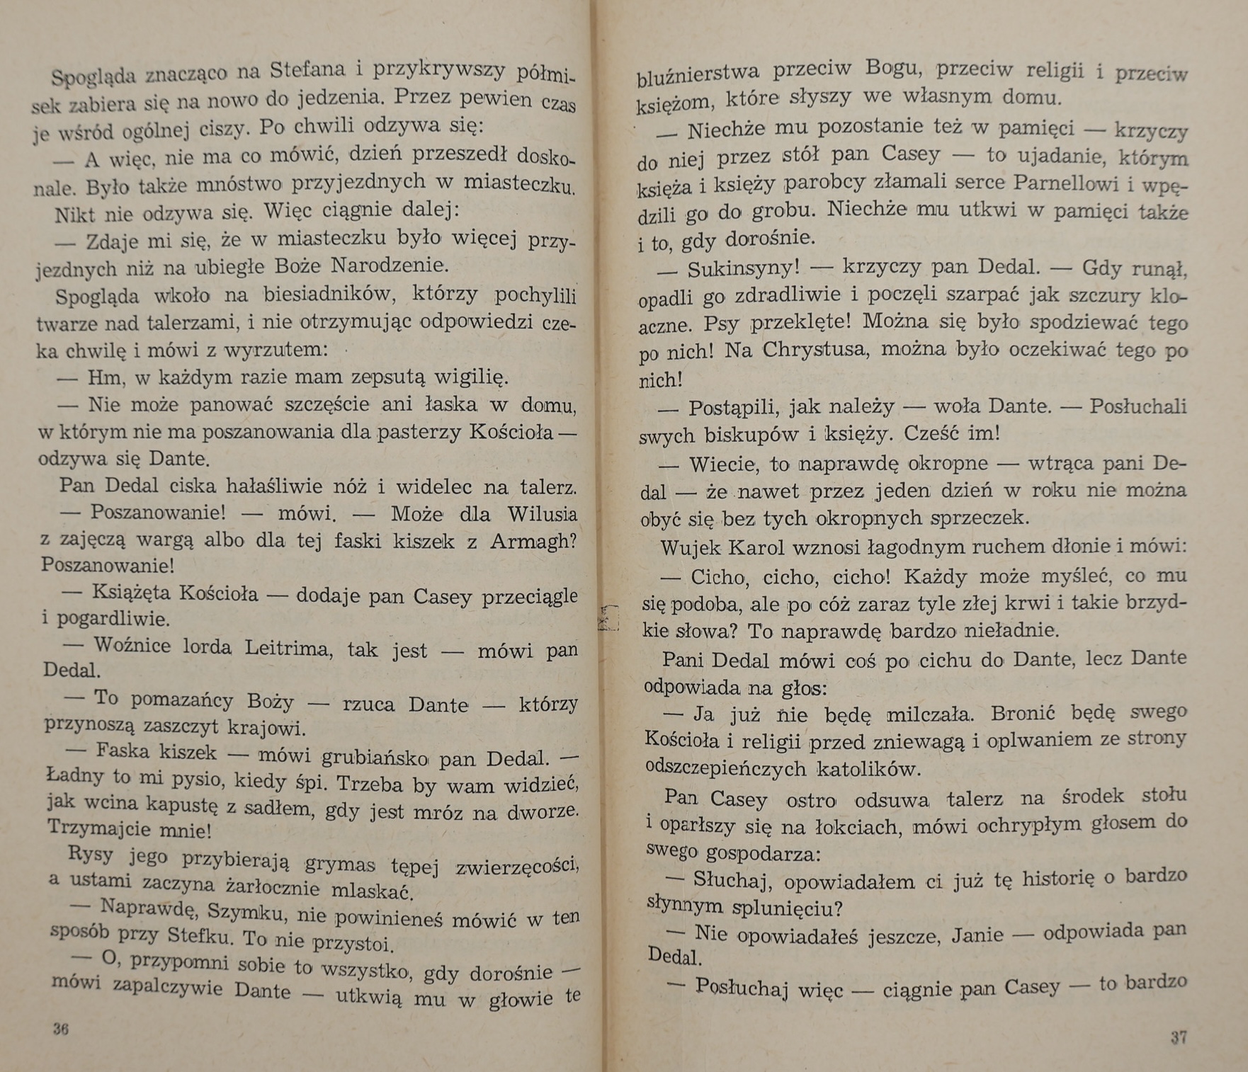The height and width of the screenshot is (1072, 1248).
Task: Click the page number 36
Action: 61,1030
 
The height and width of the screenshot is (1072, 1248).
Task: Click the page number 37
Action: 1179,1037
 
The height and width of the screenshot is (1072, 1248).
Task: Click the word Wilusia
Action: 542,514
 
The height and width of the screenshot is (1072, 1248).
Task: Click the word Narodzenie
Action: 390,266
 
